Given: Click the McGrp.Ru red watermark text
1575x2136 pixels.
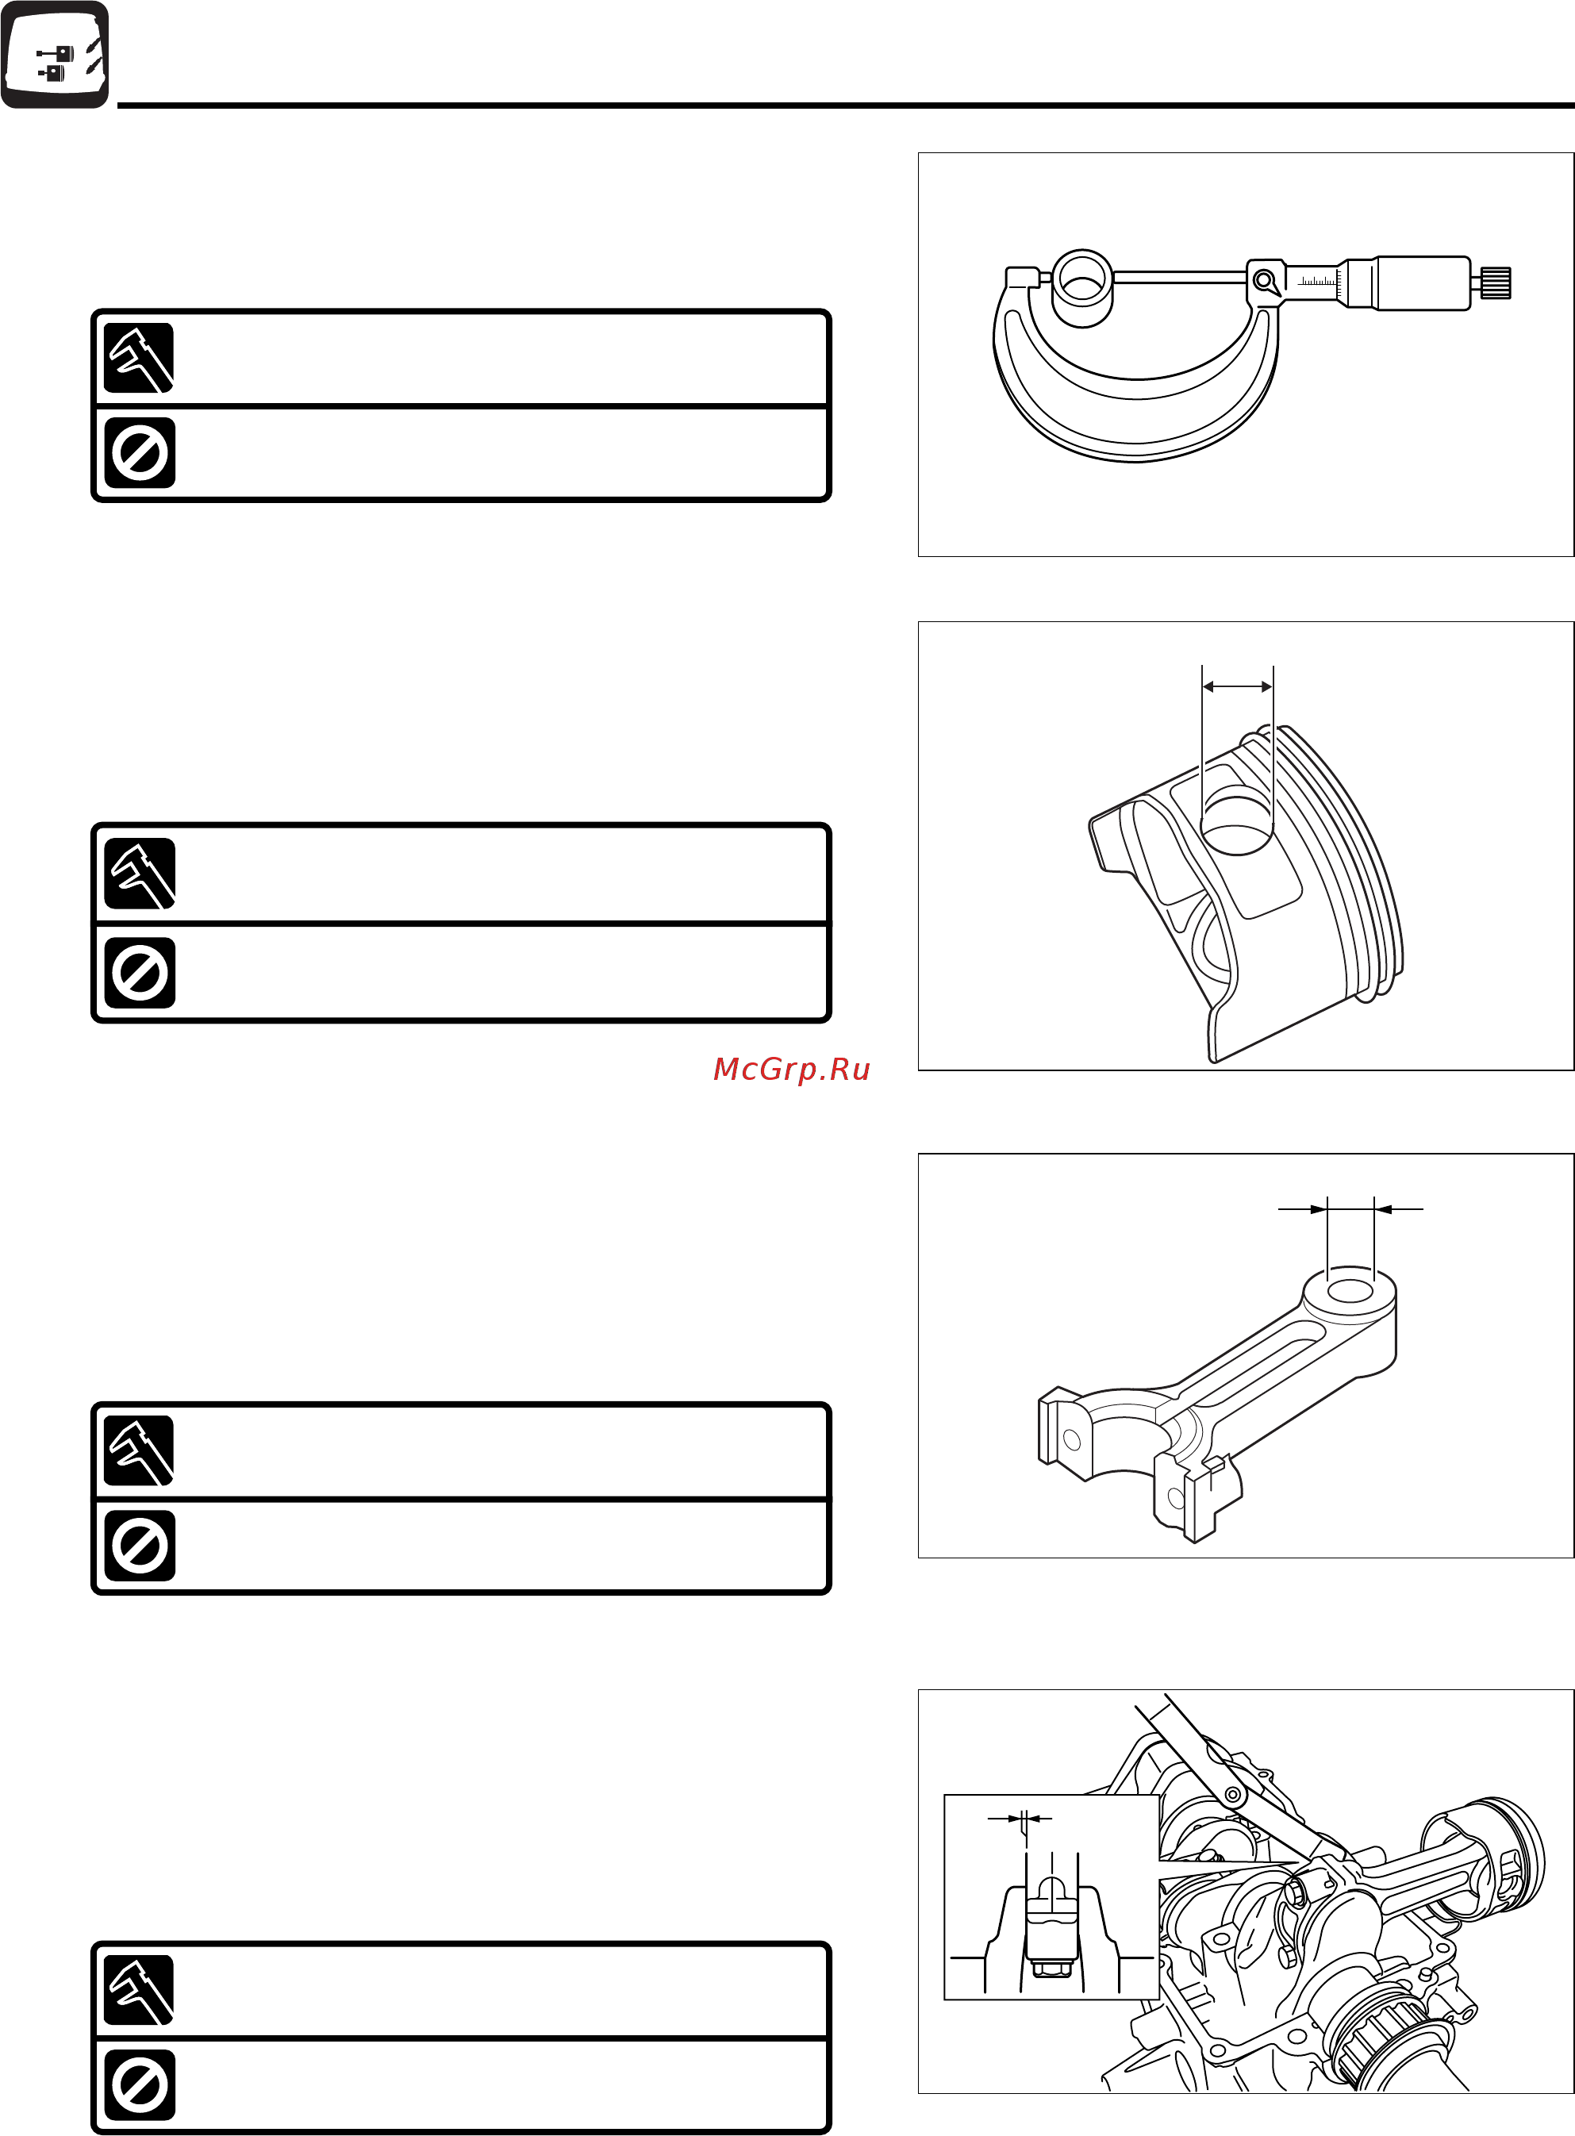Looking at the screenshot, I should (791, 1070).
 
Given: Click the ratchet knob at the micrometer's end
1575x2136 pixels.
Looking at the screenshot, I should (1495, 283).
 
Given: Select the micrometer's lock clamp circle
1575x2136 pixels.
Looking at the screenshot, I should (1264, 281).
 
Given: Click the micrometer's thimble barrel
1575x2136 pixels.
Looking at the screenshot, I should (1420, 283).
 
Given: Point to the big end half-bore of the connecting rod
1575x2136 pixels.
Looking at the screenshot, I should (1125, 1430).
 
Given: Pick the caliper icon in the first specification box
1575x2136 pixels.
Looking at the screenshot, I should (139, 359).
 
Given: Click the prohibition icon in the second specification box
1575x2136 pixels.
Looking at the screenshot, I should (139, 972).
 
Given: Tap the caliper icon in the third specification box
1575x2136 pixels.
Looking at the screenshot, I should (139, 1450).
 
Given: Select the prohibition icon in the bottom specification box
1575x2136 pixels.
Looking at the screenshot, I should (139, 2085).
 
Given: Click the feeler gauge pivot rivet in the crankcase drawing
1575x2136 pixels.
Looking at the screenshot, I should (1233, 1795).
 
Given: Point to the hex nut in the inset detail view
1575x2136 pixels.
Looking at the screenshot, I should (1051, 1965).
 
